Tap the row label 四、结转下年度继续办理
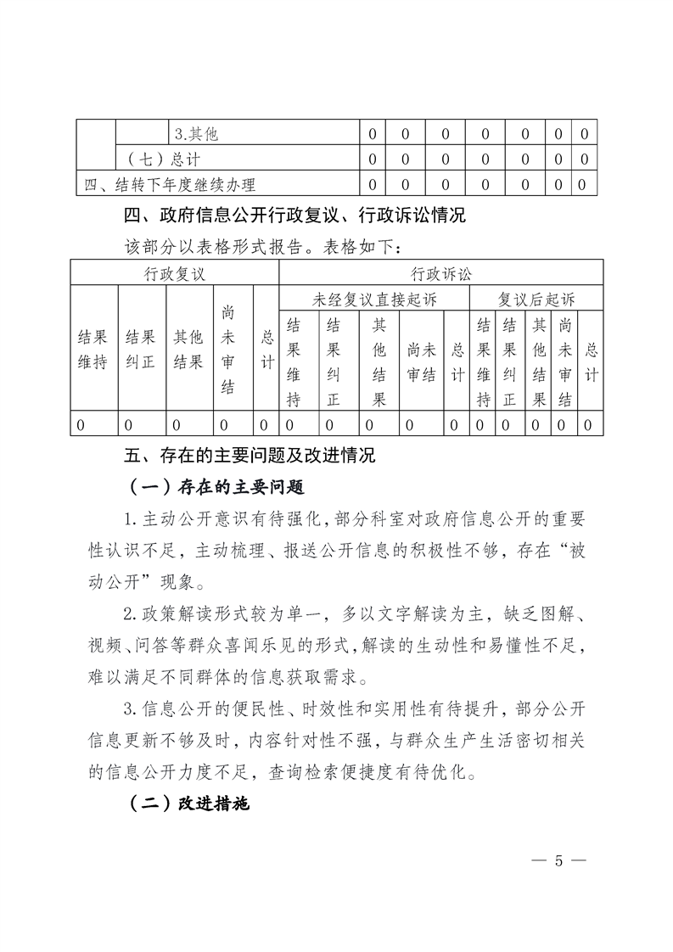pyautogui.click(x=170, y=183)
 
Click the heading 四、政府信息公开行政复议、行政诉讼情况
pyautogui.click(x=295, y=215)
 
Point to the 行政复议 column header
pyautogui.click(x=175, y=273)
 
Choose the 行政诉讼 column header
pyautogui.click(x=440, y=273)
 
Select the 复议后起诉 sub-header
pyautogui.click(x=536, y=299)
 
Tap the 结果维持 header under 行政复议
pyautogui.click(x=93, y=350)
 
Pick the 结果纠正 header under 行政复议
pyautogui.click(x=141, y=350)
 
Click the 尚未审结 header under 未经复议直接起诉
pyautogui.click(x=422, y=350)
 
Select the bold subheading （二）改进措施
pyautogui.click(x=188, y=804)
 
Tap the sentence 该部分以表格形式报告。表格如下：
pyautogui.click(x=261, y=246)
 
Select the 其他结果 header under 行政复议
pyautogui.click(x=188, y=350)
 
